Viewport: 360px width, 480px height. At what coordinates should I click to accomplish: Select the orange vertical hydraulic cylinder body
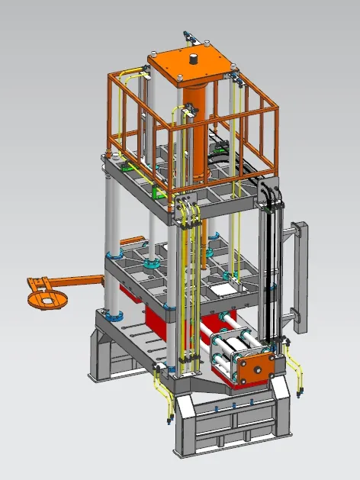196,130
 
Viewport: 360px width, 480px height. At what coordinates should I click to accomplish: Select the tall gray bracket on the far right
300,275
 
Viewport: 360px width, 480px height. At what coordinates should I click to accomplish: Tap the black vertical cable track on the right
268,259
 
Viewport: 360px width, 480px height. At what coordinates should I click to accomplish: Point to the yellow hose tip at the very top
185,34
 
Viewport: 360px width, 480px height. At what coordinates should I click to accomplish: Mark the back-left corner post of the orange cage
112,114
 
